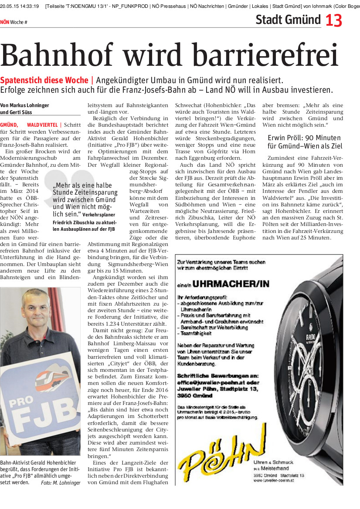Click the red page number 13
click(x=334, y=20)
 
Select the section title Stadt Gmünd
click(x=288, y=20)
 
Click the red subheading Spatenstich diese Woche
click(x=44, y=81)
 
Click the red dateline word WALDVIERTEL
click(x=42, y=125)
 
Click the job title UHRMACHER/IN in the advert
click(x=231, y=284)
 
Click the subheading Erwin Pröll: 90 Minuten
click(x=304, y=138)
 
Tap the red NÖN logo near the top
click(x=4, y=22)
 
